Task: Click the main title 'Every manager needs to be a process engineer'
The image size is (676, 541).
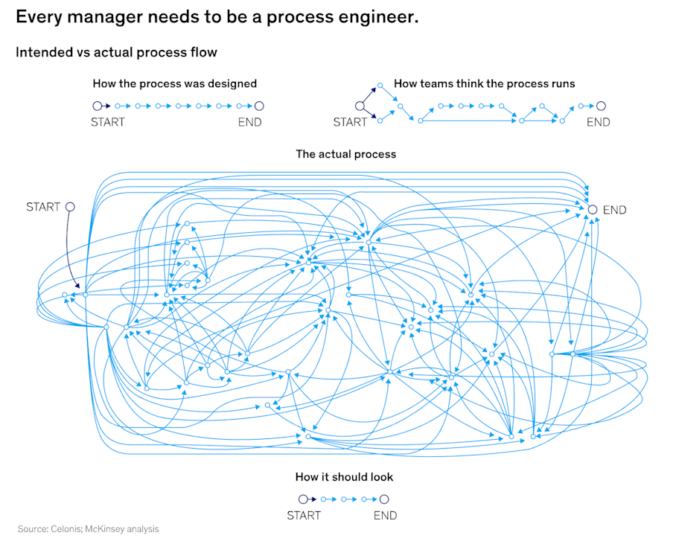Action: (217, 17)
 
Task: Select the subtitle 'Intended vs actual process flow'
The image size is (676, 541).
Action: (116, 52)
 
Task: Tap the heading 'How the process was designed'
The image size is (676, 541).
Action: (175, 83)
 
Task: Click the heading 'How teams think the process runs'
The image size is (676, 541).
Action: (484, 83)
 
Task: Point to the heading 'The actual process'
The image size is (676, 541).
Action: (346, 154)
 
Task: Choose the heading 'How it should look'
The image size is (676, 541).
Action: (344, 476)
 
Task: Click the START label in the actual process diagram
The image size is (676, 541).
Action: (43, 207)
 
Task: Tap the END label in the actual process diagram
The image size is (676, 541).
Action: (614, 210)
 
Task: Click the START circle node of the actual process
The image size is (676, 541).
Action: (70, 207)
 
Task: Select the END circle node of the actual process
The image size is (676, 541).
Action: (593, 210)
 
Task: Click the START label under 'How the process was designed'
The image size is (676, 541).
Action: (108, 122)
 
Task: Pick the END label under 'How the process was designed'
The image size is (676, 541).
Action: (250, 122)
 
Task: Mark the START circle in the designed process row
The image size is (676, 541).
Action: (97, 106)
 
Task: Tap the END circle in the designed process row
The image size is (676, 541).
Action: (259, 106)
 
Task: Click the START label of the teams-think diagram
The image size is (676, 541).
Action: (350, 122)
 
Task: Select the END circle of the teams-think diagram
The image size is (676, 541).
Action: (601, 106)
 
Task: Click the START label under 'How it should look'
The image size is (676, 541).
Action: (304, 515)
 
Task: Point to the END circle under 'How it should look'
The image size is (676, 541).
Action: (385, 499)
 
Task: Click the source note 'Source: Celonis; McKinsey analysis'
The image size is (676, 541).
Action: (88, 529)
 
